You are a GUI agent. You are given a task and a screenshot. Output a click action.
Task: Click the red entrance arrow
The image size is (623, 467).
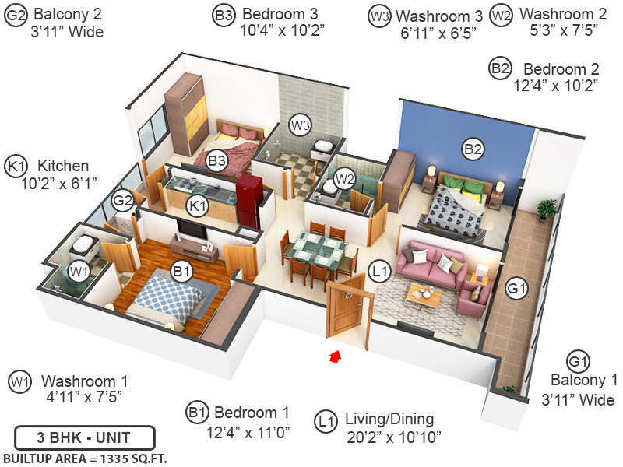click(336, 356)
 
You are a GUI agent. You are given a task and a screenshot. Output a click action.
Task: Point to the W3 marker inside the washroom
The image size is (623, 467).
click(301, 125)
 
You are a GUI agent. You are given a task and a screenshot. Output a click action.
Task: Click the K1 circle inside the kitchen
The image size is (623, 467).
click(198, 206)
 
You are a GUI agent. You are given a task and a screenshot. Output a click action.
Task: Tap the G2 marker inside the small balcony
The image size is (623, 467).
click(123, 201)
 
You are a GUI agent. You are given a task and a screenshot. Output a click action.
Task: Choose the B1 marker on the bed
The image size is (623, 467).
click(181, 272)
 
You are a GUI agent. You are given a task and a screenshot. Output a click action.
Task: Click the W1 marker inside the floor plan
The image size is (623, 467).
click(77, 272)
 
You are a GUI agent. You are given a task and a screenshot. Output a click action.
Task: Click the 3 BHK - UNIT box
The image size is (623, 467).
click(84, 437)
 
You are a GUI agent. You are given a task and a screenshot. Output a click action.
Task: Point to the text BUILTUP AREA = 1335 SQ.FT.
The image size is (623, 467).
click(85, 457)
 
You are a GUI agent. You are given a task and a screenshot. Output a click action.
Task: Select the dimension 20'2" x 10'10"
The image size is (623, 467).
click(394, 437)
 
